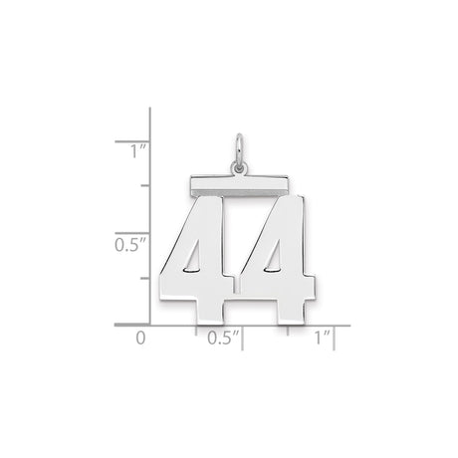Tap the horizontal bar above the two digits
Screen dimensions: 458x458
click(230, 183)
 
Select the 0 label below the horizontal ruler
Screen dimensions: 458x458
click(140, 339)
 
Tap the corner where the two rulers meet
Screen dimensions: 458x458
click(149, 324)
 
